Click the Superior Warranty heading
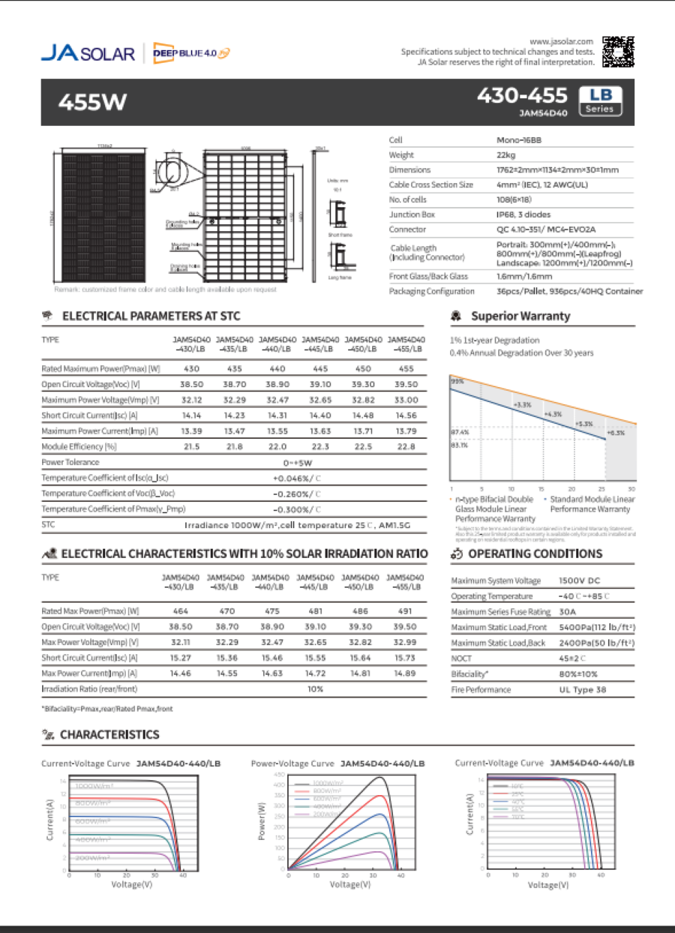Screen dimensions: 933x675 (x=520, y=316)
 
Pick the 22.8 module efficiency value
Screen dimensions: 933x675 (x=406, y=446)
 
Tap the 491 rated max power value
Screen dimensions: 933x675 (x=405, y=611)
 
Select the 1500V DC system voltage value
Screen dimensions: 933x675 (x=517, y=580)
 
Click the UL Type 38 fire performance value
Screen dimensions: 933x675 (x=518, y=689)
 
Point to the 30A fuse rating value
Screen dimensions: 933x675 (x=504, y=612)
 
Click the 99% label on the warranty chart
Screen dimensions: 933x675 (x=457, y=381)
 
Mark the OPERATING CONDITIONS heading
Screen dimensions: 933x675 (x=535, y=554)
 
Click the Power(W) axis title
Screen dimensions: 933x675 (x=262, y=821)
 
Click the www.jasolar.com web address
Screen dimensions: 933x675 (x=562, y=41)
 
